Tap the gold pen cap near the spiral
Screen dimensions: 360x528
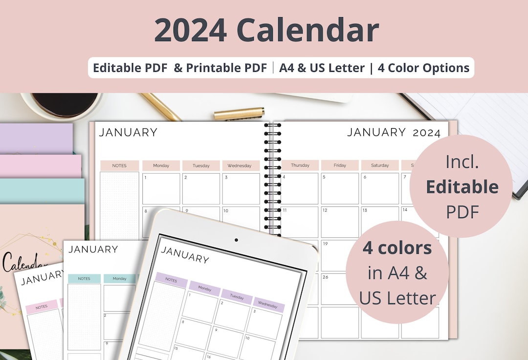pyautogui.click(x=239, y=114)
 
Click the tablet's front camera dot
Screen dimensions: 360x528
pyautogui.click(x=236, y=240)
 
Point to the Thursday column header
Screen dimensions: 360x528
pyautogui.click(x=300, y=165)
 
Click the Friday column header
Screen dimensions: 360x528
pyautogui.click(x=340, y=165)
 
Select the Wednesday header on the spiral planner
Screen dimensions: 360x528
pyautogui.click(x=241, y=165)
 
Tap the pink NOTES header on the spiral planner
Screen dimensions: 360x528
pyautogui.click(x=119, y=165)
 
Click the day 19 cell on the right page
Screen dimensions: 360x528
pyautogui.click(x=340, y=255)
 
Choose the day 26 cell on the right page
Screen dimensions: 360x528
pyautogui.click(x=340, y=289)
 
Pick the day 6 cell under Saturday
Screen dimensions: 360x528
pyautogui.click(x=380, y=188)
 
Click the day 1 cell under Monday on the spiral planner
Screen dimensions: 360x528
pyautogui.click(x=161, y=188)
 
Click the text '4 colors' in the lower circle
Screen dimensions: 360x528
pyautogui.click(x=397, y=248)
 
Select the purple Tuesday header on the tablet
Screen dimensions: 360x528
pyautogui.click(x=237, y=296)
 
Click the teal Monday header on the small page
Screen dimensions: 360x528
pyautogui.click(x=119, y=278)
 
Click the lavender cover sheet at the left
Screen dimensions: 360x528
pyautogui.click(x=36, y=138)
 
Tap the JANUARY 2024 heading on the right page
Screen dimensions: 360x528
pyautogui.click(x=394, y=132)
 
